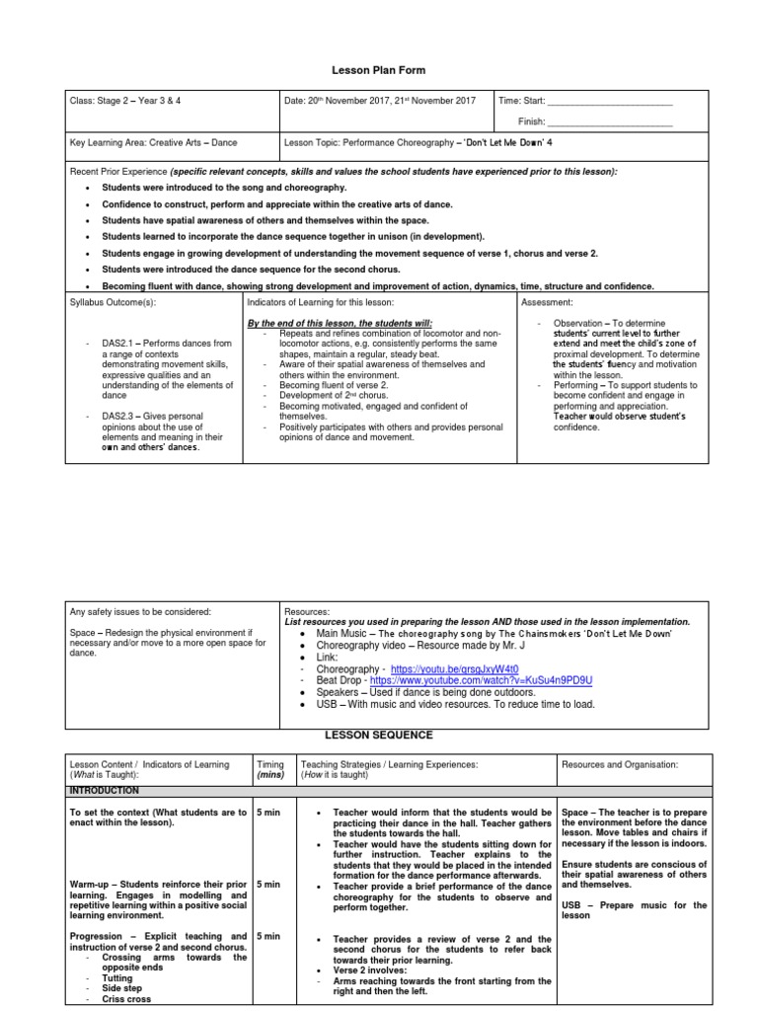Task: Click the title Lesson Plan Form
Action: pyautogui.click(x=378, y=72)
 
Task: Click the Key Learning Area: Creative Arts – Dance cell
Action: pyautogui.click(x=153, y=143)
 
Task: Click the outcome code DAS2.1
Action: pyautogui.click(x=119, y=344)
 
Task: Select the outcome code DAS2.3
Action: pyautogui.click(x=119, y=416)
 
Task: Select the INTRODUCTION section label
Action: pyautogui.click(x=104, y=791)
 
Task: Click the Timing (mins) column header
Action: pyautogui.click(x=269, y=770)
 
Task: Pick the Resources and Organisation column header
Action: pyautogui.click(x=619, y=764)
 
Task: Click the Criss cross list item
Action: pyautogui.click(x=125, y=1000)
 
